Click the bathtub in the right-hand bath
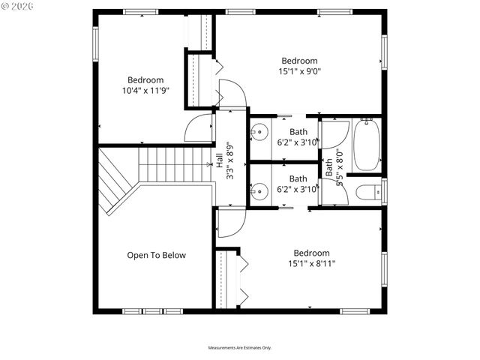point(367,145)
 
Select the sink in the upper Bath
point(258,133)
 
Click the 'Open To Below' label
point(156,255)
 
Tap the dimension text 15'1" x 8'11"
point(310,263)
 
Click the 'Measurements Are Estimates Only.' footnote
point(239,348)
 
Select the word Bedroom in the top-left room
point(145,80)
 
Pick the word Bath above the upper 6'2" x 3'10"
point(298,132)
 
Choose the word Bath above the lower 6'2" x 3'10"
point(298,178)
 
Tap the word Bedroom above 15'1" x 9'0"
point(299,61)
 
